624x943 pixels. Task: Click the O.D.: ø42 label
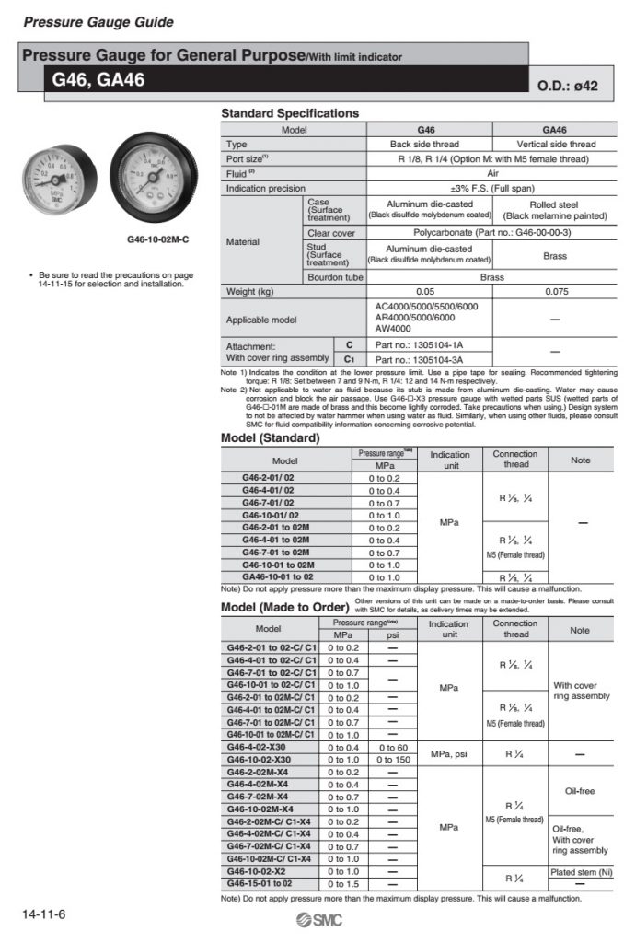pyautogui.click(x=567, y=86)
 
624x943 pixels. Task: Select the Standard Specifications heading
pyautogui.click(x=290, y=113)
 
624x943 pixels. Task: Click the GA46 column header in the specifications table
pyautogui.click(x=554, y=130)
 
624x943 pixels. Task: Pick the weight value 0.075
pyautogui.click(x=554, y=292)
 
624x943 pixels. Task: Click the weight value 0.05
pyautogui.click(x=428, y=292)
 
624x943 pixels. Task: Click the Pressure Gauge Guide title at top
pyautogui.click(x=98, y=21)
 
